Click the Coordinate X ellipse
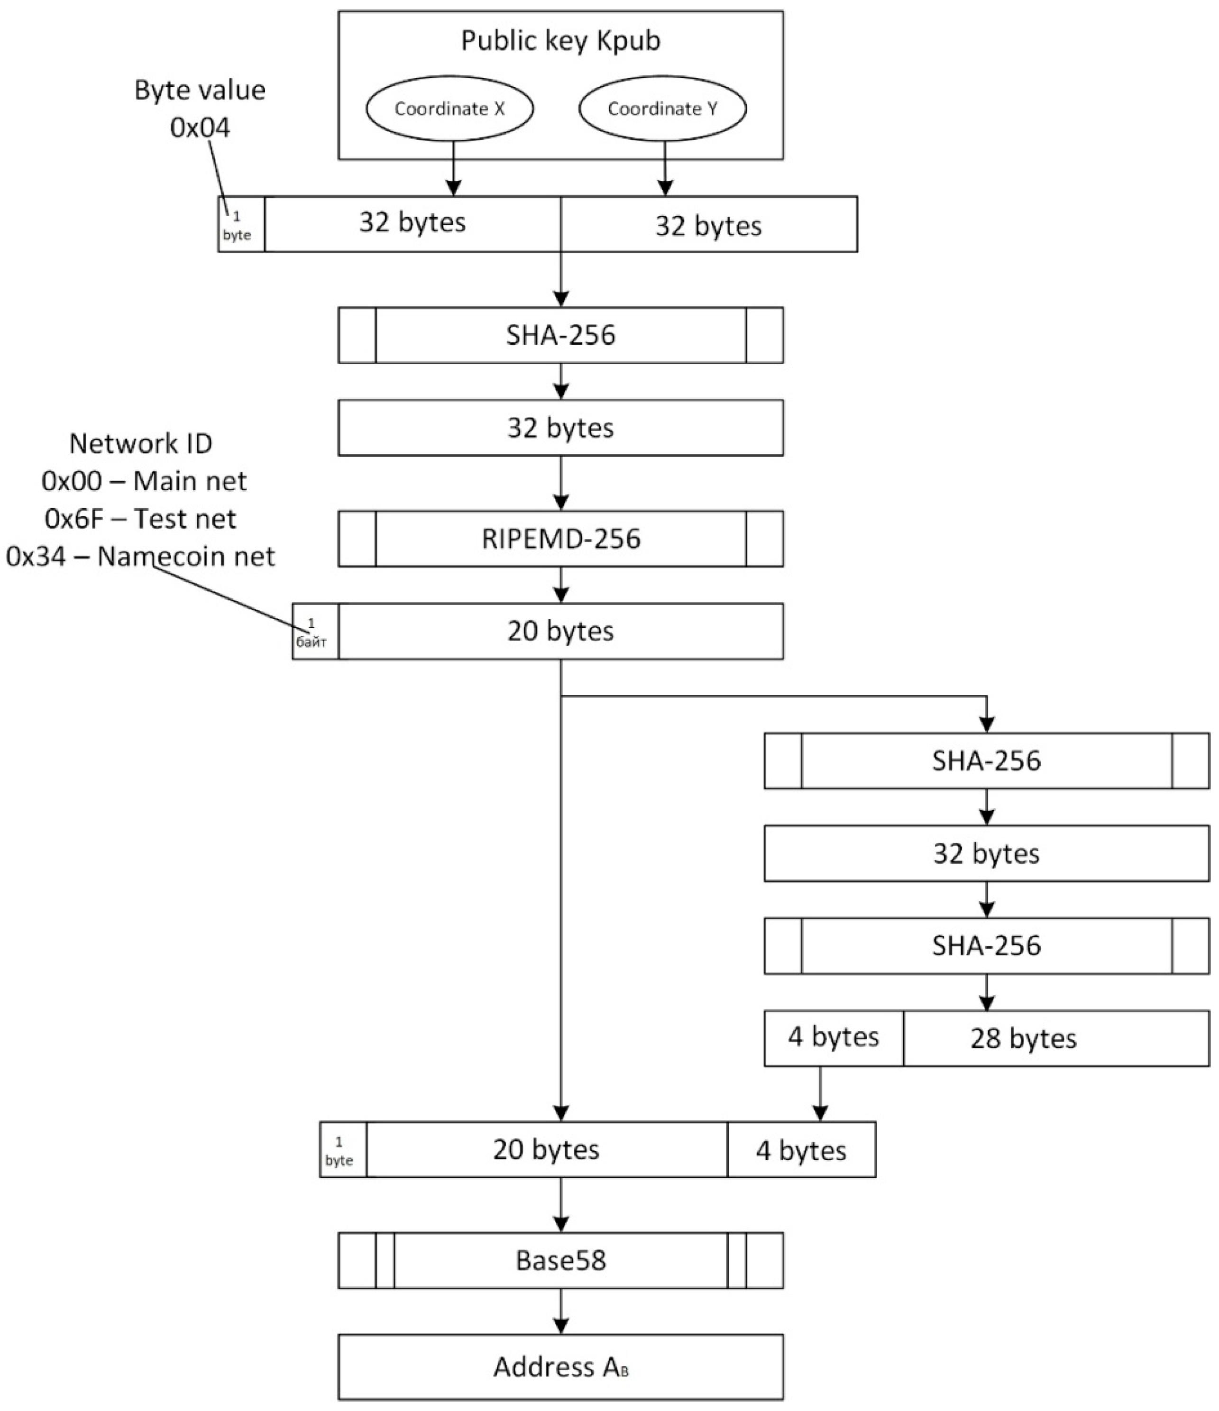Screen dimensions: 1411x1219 pos(449,108)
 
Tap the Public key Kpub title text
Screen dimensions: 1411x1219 pos(560,41)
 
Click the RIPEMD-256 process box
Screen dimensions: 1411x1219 pos(560,539)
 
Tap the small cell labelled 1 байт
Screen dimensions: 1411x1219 pos(315,631)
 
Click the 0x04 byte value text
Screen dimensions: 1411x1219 pos(200,128)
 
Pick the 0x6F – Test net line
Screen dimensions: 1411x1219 pos(140,519)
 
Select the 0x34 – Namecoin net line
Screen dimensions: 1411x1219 pos(140,556)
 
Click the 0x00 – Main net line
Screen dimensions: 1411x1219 pos(144,481)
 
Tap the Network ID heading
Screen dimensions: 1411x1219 pos(141,444)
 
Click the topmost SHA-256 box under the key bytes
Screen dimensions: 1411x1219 pos(560,335)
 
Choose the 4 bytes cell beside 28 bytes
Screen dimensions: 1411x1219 pos(834,1038)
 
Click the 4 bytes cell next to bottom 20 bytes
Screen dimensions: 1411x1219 pos(801,1150)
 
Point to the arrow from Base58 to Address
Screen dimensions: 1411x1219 pos(560,1311)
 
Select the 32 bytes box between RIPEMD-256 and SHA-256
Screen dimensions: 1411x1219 pos(560,428)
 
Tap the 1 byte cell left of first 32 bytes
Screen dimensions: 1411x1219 pos(240,225)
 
